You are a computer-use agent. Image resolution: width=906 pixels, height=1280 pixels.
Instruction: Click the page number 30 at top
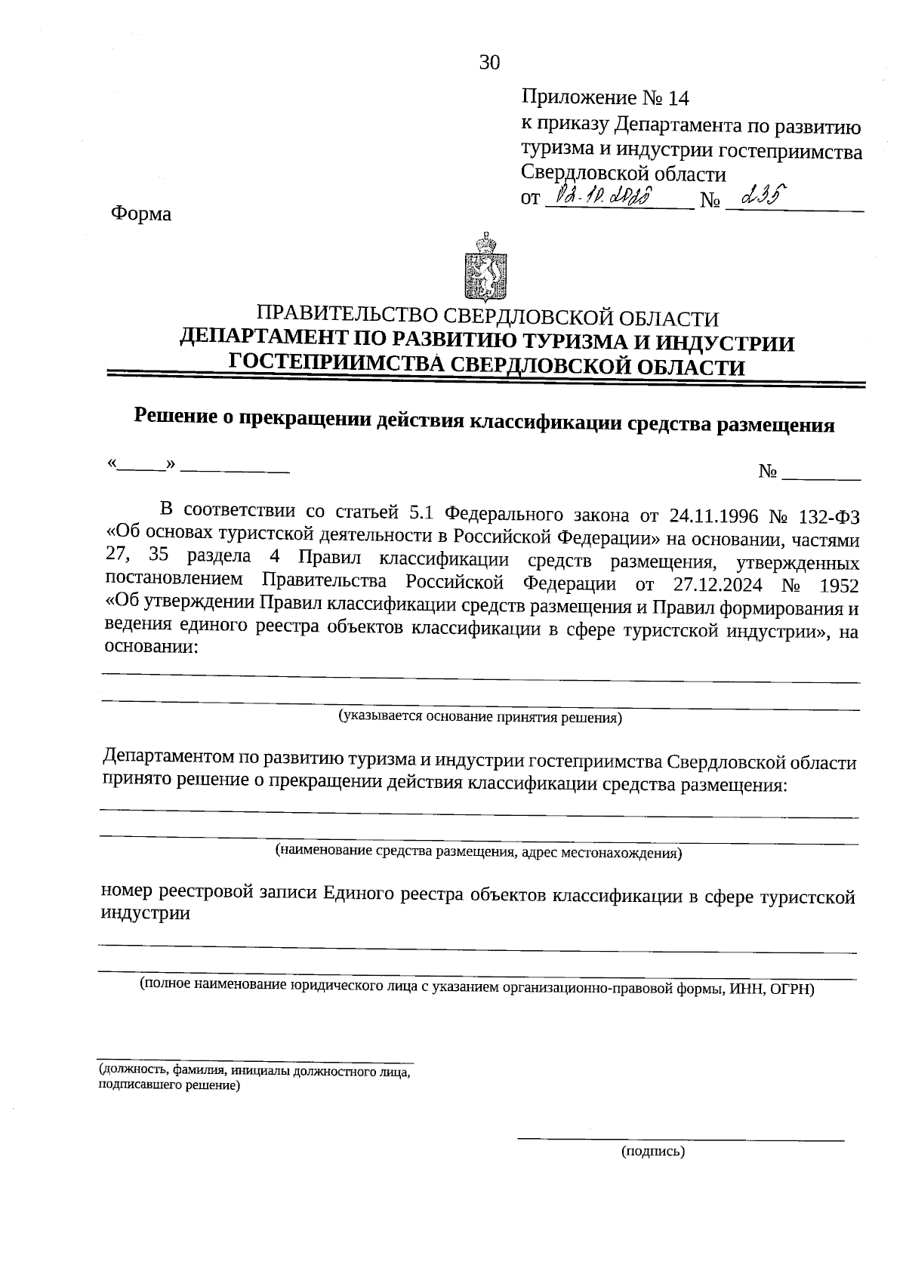489,63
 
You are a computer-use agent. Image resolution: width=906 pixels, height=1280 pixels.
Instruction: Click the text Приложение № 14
606,98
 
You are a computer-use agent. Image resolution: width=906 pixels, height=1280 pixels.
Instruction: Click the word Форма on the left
141,214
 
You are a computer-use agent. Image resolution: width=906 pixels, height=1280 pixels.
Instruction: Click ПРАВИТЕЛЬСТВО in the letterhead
347,318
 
